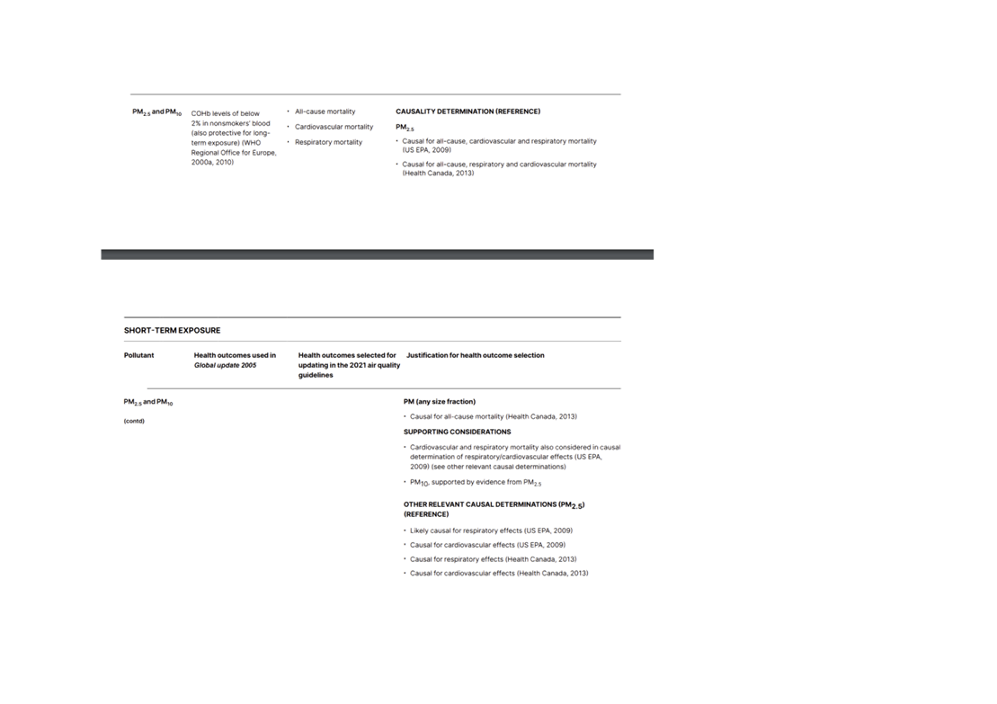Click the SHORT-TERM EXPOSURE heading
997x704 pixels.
point(173,331)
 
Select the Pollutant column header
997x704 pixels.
point(138,355)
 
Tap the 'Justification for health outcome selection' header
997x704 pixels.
point(475,355)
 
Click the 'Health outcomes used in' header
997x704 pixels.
point(235,355)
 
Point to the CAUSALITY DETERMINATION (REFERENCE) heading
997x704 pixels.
point(468,111)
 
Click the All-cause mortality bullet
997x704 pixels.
point(325,111)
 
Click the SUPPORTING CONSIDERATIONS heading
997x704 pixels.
point(458,432)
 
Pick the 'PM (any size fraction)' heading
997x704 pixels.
point(440,402)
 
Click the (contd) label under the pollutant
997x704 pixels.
point(134,421)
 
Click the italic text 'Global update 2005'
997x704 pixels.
point(225,365)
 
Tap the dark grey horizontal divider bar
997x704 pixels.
point(377,254)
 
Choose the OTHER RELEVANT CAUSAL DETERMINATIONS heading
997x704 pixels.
point(494,510)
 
